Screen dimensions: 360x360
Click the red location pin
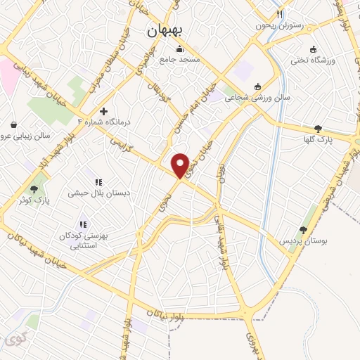click(181, 165)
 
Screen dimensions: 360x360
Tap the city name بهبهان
click(166, 31)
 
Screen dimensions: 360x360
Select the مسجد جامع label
click(180, 60)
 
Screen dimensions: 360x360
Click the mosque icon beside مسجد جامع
click(180, 49)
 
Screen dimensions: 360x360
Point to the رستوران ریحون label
click(281, 25)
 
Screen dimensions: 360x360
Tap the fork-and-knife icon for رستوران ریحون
click(279, 13)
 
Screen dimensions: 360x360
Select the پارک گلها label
click(319, 139)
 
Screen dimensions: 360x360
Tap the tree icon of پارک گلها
click(319, 128)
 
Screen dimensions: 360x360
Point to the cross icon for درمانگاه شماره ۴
click(103, 111)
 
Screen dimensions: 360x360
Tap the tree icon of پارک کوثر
click(33, 188)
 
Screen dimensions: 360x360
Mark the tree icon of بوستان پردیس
click(303, 229)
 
